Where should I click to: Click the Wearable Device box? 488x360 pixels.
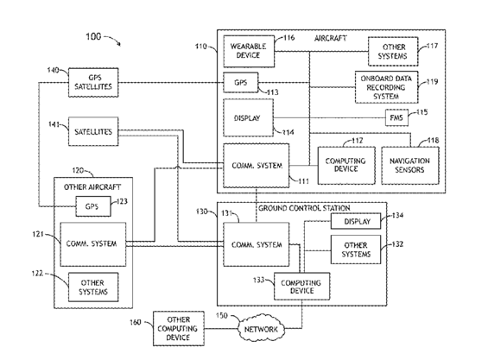coord(249,51)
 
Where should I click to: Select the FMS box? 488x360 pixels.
coord(396,117)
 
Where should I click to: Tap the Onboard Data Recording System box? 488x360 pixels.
coord(387,87)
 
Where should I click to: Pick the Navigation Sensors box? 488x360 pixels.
coord(410,166)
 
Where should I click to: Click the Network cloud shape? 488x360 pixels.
coord(262,329)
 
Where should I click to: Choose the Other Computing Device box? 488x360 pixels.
coord(179,329)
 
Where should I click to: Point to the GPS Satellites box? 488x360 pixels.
coord(93,83)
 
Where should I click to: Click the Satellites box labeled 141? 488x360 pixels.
coord(93,131)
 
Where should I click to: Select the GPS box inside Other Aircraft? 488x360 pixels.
coord(93,206)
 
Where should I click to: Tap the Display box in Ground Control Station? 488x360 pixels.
coord(355,221)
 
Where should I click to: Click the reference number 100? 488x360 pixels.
coord(93,37)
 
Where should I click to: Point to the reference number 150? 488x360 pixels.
coord(222,315)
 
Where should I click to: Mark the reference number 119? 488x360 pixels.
coord(432,82)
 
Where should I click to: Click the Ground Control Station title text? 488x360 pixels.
coord(304,208)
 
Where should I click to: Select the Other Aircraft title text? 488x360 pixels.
coord(92,187)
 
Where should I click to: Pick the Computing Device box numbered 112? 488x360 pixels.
coord(346,166)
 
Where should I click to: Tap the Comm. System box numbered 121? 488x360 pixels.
coord(93,244)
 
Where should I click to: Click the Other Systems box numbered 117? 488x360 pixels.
coord(393,51)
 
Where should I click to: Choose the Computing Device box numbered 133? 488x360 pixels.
coord(302,287)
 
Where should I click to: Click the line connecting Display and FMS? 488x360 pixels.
coord(329,118)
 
